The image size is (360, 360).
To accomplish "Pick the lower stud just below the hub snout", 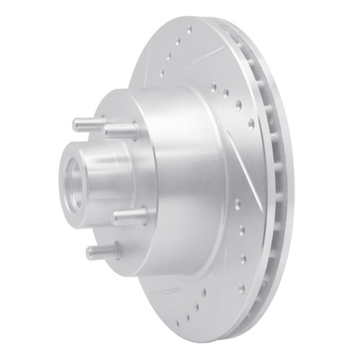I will click(x=130, y=215).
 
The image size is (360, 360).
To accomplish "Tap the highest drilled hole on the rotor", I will click(x=188, y=30).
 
